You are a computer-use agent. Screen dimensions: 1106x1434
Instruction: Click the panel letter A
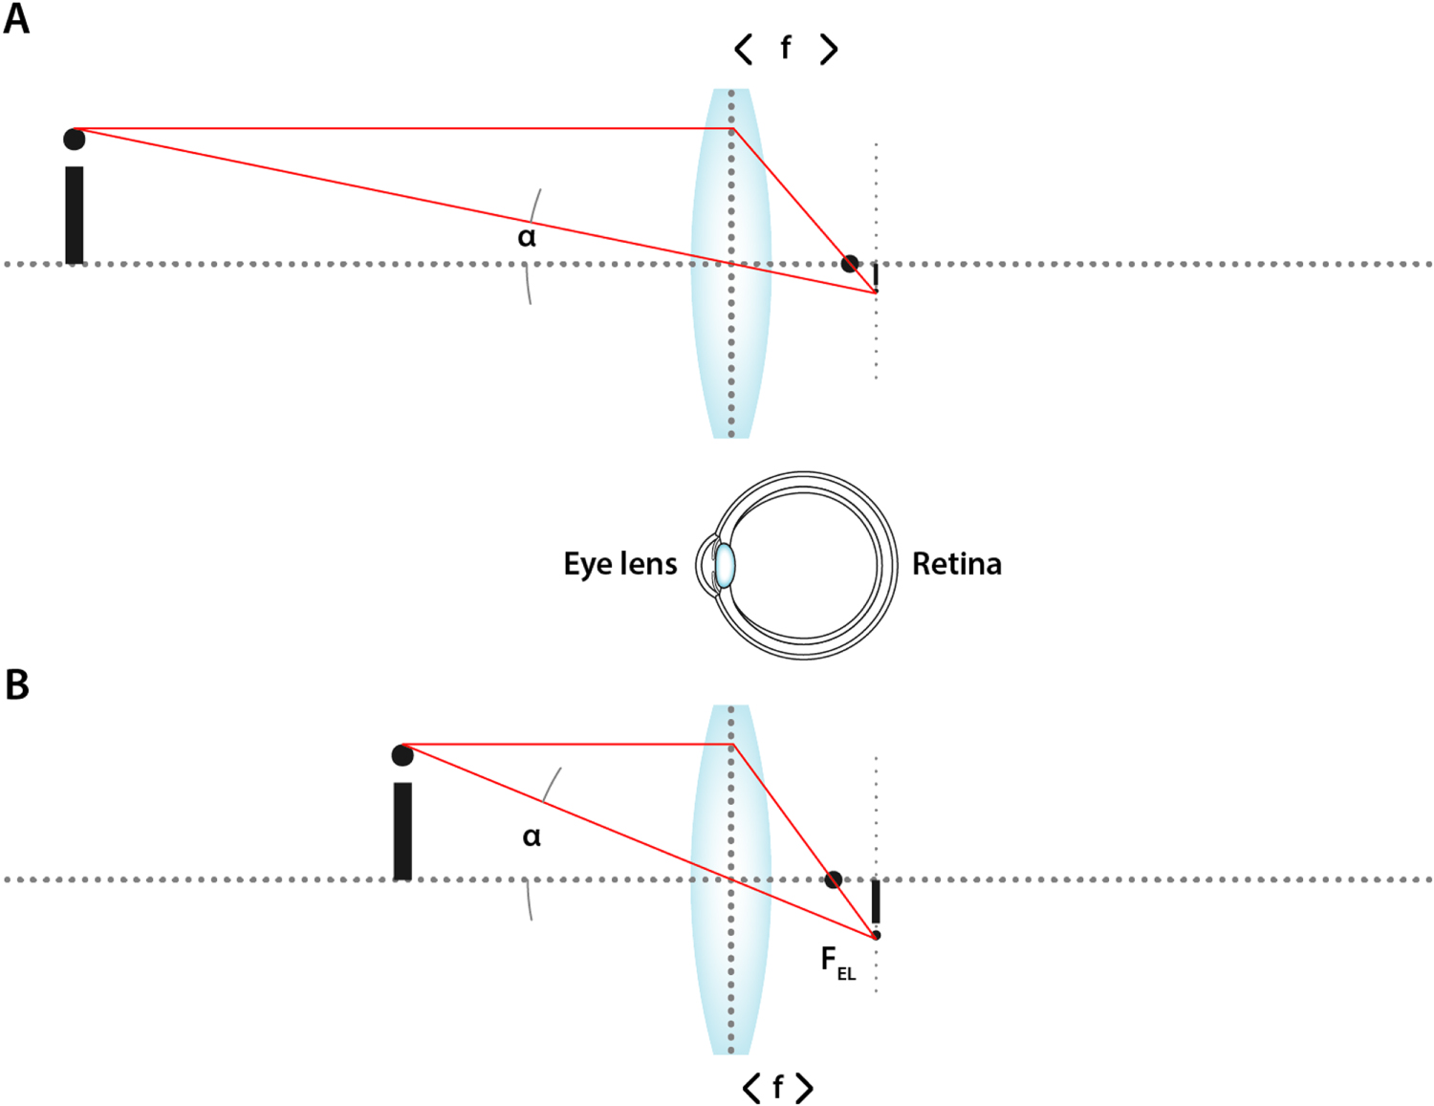(x=16, y=19)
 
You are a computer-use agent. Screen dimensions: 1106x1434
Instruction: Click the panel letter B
(x=16, y=684)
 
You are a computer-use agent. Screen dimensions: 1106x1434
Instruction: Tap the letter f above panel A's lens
(x=786, y=47)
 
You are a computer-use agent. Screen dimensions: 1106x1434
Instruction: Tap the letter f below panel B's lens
(x=777, y=1087)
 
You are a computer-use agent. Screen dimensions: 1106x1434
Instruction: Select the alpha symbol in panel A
(x=527, y=236)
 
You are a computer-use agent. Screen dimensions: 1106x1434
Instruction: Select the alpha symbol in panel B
(x=532, y=837)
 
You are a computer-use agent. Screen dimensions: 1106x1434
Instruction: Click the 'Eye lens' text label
(x=619, y=564)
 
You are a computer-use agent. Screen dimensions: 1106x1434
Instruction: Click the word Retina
(x=956, y=564)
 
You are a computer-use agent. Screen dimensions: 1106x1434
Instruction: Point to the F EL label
(x=836, y=962)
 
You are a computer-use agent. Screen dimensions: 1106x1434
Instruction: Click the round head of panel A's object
(x=75, y=140)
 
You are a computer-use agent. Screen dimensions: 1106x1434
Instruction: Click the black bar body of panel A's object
(x=75, y=215)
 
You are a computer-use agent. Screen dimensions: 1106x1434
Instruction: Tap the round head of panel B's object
(x=402, y=755)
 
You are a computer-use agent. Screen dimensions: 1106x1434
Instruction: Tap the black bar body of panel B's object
(x=402, y=831)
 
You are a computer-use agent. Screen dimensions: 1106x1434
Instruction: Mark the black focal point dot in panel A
(x=849, y=263)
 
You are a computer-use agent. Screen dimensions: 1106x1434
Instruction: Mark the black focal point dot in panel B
(x=834, y=879)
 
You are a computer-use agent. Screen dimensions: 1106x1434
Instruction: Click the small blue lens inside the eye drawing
(x=726, y=565)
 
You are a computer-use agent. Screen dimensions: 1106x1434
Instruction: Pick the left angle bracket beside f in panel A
(x=744, y=48)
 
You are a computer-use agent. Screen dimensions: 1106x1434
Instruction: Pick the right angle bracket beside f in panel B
(x=804, y=1088)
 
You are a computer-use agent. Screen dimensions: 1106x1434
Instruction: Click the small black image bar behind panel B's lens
(x=876, y=901)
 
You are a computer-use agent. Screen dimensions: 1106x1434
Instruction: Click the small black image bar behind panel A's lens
(x=876, y=276)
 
